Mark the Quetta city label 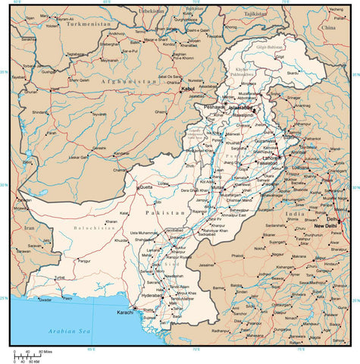tap(146, 186)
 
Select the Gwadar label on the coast tap(45, 299)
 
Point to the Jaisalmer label tap(206, 265)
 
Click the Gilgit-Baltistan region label tap(268, 47)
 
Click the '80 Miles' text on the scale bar tap(49, 351)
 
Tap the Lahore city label tap(271, 158)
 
